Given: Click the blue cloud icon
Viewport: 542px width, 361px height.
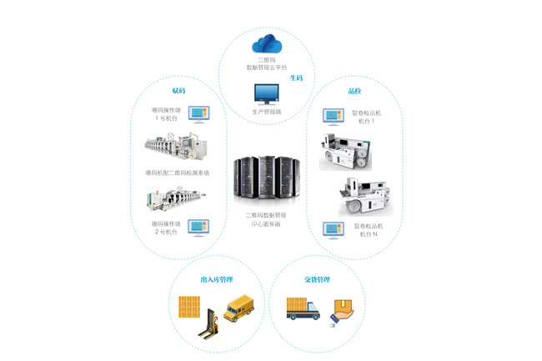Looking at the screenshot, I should point(268,42).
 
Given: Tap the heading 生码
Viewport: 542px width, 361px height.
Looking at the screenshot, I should point(296,78).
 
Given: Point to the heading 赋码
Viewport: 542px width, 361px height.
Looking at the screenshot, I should point(178,90).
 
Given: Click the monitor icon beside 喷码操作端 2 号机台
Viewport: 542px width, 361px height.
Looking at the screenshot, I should point(198,227).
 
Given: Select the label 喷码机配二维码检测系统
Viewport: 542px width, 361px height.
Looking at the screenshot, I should point(177,173).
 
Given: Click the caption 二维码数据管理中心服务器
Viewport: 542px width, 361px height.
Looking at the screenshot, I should point(268,219).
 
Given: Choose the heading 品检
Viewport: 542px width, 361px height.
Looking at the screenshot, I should point(354,90).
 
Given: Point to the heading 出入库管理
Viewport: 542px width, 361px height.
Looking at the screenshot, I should point(216,279).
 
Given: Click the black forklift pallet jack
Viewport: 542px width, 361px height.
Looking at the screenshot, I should point(208,324).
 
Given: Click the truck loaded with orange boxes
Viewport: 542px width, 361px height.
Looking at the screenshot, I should point(302,308).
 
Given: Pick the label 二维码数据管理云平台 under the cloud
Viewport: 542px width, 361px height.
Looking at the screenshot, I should point(267,63).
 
